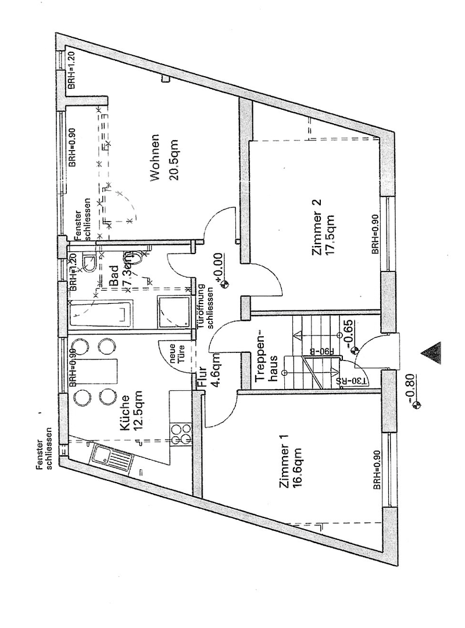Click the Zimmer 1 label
click(284, 467)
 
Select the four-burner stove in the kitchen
click(181, 433)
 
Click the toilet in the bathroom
click(90, 263)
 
